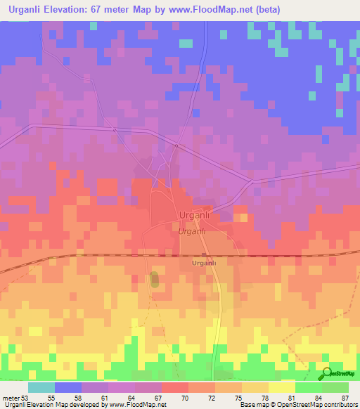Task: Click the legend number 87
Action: (345, 397)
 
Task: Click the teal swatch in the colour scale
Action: (41, 387)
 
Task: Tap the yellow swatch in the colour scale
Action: (282, 387)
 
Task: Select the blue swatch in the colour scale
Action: (68, 387)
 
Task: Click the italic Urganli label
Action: (191, 231)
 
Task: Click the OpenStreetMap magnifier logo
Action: (327, 372)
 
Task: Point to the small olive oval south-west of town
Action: (155, 279)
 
